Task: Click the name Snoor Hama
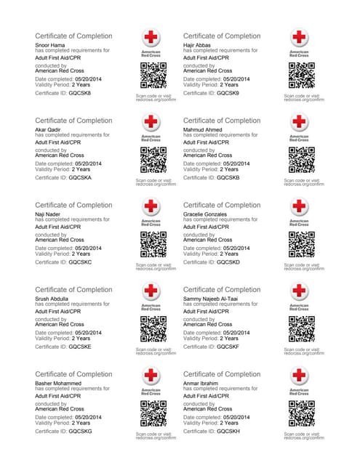[x=50, y=45]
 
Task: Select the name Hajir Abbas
[x=198, y=45]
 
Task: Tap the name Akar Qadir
[x=49, y=130]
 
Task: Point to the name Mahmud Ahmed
[x=203, y=130]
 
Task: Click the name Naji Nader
[x=49, y=214]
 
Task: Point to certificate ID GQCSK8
[x=81, y=93]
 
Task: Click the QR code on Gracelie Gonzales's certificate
[x=299, y=245]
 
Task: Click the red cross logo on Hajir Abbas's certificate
[x=299, y=38]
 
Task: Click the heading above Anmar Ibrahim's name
[x=222, y=374]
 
